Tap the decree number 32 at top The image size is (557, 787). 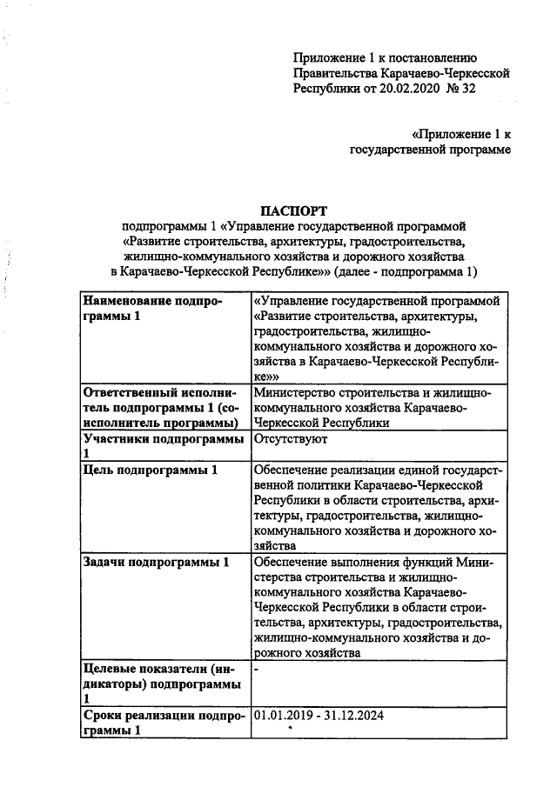[468, 89]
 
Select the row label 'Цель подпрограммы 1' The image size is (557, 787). [149, 470]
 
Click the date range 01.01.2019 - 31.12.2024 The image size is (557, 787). [318, 716]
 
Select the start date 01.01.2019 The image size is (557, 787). [283, 716]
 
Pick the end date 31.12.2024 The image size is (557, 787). [352, 716]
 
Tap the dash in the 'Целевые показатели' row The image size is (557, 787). [256, 670]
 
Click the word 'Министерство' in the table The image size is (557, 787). [293, 392]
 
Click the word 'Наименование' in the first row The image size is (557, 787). [127, 301]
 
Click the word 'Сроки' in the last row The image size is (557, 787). [101, 716]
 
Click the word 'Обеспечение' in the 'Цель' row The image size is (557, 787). [292, 470]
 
